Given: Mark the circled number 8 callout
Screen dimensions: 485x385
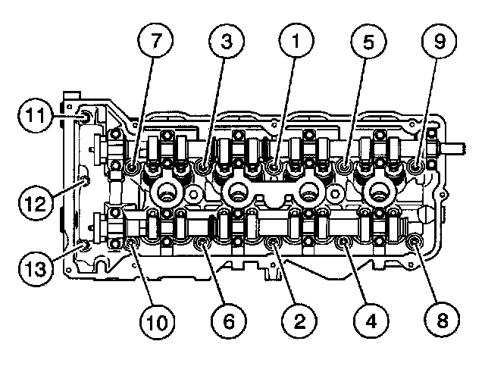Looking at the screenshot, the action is [x=443, y=321].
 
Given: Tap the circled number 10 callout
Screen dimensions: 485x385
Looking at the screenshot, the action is [x=159, y=321].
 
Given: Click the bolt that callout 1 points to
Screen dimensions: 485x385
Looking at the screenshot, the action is [x=274, y=165].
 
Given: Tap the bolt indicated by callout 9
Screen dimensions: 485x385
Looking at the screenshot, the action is [x=415, y=164].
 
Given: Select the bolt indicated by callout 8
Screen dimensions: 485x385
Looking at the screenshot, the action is [x=415, y=242].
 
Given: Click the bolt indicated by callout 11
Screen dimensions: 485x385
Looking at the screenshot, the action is [x=85, y=116].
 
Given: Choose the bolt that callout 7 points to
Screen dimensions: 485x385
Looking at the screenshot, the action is [x=131, y=165].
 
